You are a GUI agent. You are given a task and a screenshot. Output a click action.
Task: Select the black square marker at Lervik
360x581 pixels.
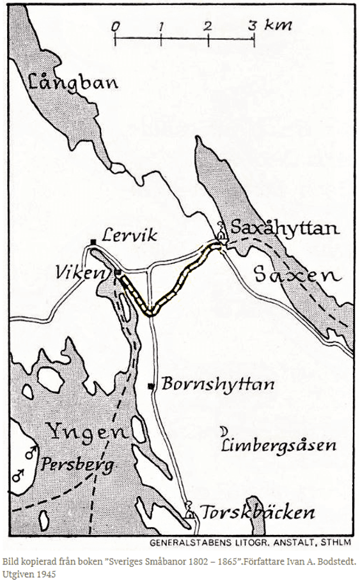[x=93, y=241]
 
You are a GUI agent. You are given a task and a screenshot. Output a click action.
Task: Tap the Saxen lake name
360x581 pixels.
[x=295, y=276]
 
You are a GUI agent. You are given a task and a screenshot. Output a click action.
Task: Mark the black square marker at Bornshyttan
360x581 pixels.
[x=151, y=386]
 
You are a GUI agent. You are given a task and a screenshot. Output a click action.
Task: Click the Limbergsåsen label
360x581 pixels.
[x=278, y=446]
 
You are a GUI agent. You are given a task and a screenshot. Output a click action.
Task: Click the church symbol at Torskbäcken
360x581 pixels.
[x=189, y=512]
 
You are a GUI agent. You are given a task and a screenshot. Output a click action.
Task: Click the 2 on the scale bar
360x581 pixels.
[x=208, y=26]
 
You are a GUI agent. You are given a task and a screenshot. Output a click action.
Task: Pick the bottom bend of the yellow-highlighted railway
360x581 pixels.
[x=150, y=312]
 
